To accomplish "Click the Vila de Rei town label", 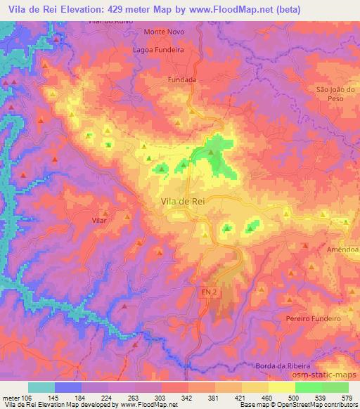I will tap(179, 202).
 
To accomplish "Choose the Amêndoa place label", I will tap(342, 249).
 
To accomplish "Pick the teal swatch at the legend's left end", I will tap(41, 387).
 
